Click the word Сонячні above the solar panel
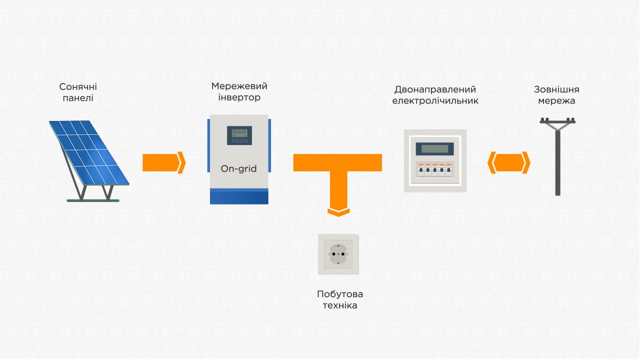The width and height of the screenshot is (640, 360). (78, 86)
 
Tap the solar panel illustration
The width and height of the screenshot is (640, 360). (89, 161)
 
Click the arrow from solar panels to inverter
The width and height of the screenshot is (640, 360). (164, 162)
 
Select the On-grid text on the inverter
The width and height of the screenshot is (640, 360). (238, 168)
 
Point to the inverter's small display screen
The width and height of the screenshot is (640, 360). (239, 135)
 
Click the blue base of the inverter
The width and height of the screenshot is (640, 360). (239, 196)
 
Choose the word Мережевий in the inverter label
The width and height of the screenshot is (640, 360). (239, 86)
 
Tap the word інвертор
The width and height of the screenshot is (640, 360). (239, 97)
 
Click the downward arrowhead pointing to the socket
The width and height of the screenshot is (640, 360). (338, 212)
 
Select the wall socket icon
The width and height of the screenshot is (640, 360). (338, 254)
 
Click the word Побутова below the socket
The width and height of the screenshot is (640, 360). (340, 294)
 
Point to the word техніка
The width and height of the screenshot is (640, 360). (340, 305)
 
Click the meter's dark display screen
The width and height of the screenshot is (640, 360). (435, 149)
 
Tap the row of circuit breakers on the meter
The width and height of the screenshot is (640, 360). (435, 170)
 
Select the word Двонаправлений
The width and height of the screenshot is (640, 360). (435, 89)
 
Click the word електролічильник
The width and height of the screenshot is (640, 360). (435, 101)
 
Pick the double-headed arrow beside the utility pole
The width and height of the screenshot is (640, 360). (509, 162)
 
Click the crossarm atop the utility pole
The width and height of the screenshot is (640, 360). (557, 121)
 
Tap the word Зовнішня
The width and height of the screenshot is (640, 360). (556, 89)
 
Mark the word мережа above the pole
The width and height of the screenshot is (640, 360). (556, 101)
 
